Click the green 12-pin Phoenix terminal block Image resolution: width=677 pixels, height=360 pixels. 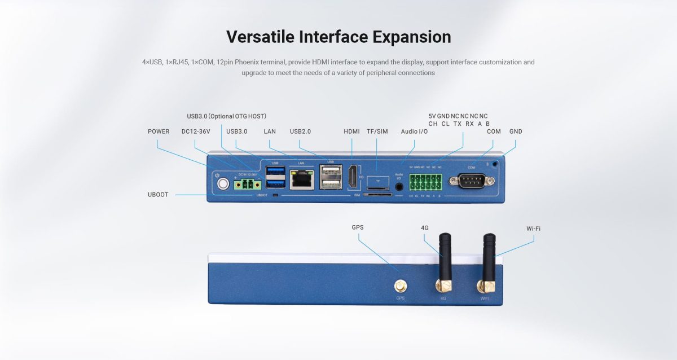[425, 182]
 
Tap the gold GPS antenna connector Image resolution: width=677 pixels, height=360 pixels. [400, 286]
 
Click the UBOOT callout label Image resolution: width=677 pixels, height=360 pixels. [158, 195]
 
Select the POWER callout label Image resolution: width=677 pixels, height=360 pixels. [159, 131]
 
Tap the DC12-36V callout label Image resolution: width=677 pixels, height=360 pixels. [196, 131]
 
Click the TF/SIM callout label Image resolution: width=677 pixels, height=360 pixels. [377, 131]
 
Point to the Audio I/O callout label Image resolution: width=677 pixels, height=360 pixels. [414, 131]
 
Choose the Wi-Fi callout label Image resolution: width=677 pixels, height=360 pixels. [533, 229]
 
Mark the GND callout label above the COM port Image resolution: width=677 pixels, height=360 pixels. [516, 131]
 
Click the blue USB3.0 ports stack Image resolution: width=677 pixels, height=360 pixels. [275, 178]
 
